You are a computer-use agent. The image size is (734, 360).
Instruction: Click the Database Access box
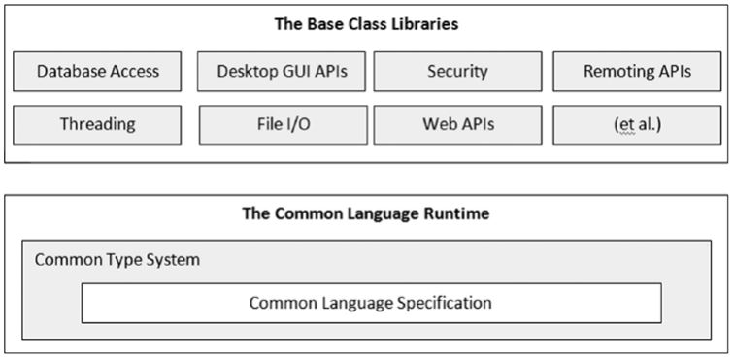98,71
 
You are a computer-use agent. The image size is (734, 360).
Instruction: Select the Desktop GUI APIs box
283,71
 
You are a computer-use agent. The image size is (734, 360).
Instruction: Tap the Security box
457,71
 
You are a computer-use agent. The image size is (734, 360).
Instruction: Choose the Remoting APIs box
637,71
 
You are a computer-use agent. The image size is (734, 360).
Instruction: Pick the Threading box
98,124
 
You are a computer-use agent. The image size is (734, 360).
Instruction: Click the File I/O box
283,124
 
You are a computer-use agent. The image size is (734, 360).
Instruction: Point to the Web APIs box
457,124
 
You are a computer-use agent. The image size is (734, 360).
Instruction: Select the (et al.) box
637,124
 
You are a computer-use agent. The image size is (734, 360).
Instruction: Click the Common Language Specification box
371,303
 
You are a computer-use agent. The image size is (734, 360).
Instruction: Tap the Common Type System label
118,261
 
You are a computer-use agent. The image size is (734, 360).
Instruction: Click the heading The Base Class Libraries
367,24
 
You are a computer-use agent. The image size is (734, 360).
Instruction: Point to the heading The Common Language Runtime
367,213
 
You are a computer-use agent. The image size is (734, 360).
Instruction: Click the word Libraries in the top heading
423,24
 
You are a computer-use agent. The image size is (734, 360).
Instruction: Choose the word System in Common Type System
176,261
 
